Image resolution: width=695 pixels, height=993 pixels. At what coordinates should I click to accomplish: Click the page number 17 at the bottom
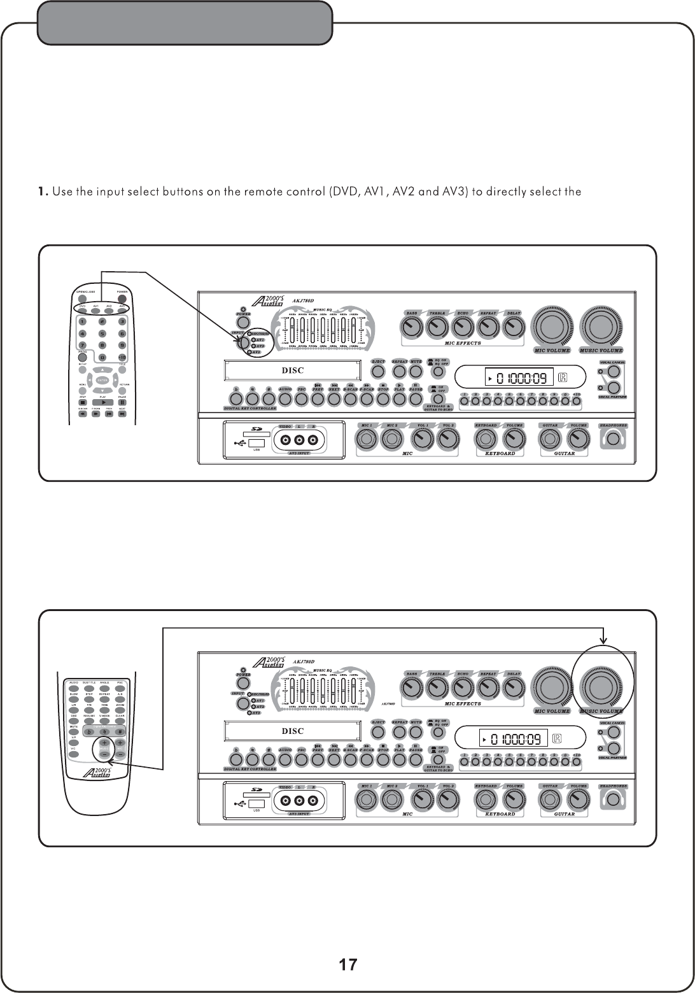tap(347, 964)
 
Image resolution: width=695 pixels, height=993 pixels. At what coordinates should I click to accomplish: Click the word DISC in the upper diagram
tap(293, 370)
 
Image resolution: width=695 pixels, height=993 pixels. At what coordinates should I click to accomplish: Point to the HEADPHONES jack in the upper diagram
tap(612, 439)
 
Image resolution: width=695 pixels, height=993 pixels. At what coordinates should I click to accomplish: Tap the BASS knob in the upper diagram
tap(412, 327)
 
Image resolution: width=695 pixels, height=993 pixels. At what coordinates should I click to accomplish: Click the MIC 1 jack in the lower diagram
tap(367, 799)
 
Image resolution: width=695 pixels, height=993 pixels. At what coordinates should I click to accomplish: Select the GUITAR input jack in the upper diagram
tap(549, 439)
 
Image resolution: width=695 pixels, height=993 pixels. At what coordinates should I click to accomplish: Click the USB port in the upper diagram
tap(256, 442)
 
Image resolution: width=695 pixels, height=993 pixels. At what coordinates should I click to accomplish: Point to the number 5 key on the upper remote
tap(102, 332)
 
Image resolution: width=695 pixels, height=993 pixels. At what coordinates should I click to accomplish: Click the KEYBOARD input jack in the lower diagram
tap(486, 799)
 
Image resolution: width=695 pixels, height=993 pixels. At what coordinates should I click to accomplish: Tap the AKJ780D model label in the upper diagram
tap(304, 302)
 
